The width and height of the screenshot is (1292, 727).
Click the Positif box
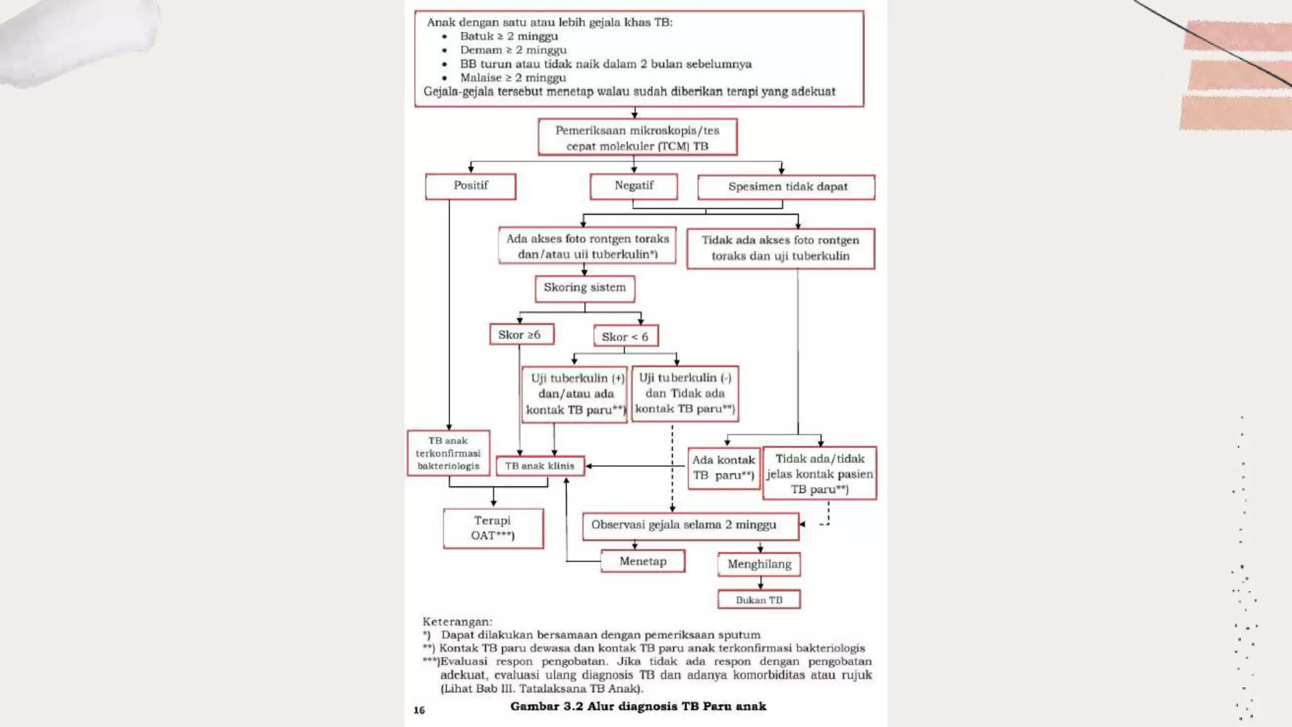point(471,186)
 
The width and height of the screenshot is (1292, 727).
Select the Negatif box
point(633,186)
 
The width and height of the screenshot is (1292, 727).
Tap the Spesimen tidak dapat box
point(786,187)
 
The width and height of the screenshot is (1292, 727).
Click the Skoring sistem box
point(584,288)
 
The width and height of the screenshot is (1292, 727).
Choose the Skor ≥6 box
point(521,334)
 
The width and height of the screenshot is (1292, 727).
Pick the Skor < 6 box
point(625,336)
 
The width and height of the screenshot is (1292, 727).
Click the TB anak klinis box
point(540,466)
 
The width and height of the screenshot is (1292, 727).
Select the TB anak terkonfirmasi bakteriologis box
point(448,453)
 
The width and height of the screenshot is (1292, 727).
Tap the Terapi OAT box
point(493,528)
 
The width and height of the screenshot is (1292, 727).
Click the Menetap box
point(642,561)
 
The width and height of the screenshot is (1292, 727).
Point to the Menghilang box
point(759,564)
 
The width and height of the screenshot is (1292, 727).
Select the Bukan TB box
point(759,600)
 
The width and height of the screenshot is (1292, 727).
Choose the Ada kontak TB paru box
point(723,468)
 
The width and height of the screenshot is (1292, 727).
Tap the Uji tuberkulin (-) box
point(684,393)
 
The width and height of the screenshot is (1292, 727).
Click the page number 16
point(420,710)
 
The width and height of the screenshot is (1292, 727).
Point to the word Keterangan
point(457,622)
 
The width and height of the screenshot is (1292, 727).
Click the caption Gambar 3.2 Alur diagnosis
point(638,706)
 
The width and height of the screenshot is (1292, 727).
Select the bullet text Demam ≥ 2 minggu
point(513,50)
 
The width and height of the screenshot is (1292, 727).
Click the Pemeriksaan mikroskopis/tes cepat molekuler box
point(637,138)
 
